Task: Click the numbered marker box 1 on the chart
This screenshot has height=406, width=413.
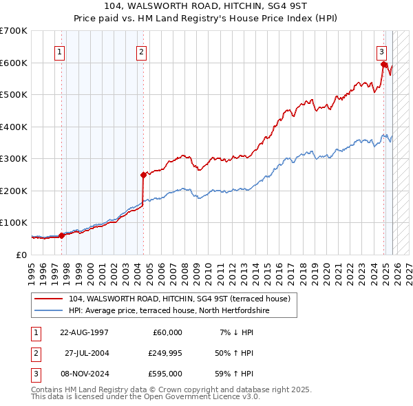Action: [60, 52]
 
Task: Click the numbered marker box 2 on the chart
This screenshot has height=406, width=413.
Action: [141, 52]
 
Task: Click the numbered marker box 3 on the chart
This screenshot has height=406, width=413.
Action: [381, 52]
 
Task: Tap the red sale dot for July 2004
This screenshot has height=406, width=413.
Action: [143, 175]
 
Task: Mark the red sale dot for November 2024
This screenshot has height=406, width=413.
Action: [384, 65]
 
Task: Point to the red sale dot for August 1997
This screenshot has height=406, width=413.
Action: [62, 235]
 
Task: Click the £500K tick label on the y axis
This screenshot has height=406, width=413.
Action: [14, 95]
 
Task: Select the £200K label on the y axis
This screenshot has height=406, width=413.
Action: [14, 191]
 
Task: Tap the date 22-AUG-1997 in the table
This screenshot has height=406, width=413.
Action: [85, 332]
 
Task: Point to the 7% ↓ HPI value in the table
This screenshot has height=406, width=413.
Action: [235, 332]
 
